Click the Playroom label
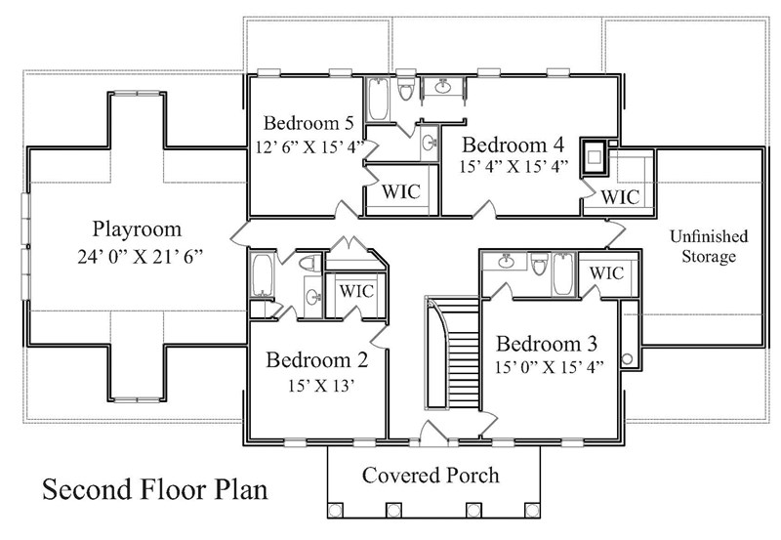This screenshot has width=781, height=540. pos(137,230)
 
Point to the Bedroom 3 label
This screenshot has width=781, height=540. pos(546,345)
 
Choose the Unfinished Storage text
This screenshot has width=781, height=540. pos(708,247)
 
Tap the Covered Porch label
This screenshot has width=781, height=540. pos(431,477)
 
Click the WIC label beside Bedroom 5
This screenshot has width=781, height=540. pos(400,190)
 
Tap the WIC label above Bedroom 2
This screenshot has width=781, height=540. pos(355,290)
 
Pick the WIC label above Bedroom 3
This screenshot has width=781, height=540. pos(607,272)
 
